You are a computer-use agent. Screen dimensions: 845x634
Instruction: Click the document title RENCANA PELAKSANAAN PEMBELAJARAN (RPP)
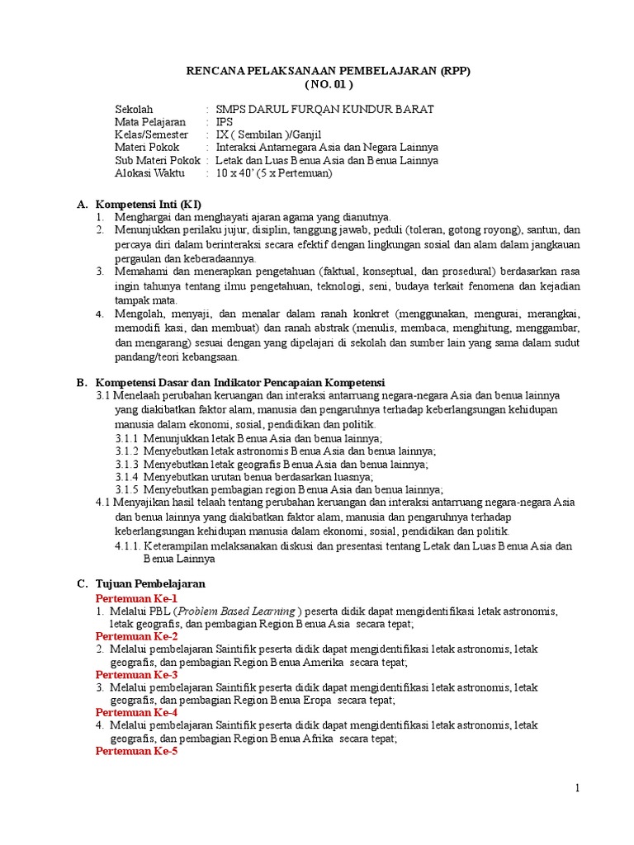(x=329, y=71)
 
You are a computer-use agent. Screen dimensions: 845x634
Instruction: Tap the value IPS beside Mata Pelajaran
(x=225, y=122)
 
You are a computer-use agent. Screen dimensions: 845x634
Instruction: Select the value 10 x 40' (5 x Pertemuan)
(x=273, y=173)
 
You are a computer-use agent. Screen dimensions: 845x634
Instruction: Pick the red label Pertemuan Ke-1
(x=137, y=597)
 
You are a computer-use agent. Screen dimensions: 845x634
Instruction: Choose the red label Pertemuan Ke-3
(x=137, y=674)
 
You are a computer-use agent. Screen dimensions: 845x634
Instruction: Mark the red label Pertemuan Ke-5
(x=137, y=751)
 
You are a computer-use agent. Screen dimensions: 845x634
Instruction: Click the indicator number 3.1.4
(x=127, y=476)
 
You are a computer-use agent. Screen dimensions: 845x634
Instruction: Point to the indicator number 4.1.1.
(x=129, y=546)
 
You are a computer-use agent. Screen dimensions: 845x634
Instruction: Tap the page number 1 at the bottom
(x=578, y=788)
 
